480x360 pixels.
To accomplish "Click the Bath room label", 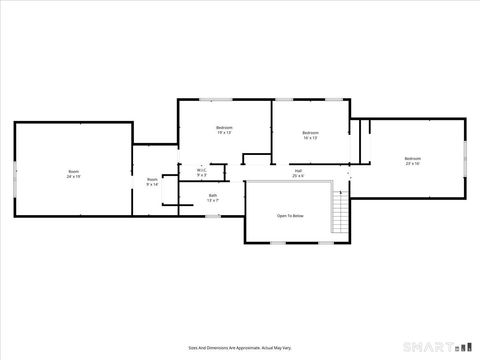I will [213, 197].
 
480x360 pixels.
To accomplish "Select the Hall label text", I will [298, 170].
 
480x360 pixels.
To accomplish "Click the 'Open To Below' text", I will [290, 216].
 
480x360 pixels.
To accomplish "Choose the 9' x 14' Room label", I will [152, 182].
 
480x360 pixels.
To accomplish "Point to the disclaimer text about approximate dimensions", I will [240, 347].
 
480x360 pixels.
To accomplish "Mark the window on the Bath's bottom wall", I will [212, 214].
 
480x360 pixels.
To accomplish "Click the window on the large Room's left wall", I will [14, 172].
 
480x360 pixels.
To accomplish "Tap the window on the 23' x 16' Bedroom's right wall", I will [466, 157].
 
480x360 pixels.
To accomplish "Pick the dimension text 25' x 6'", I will [298, 176].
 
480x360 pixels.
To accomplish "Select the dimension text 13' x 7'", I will [213, 201].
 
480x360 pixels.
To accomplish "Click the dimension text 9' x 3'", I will [201, 176].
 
